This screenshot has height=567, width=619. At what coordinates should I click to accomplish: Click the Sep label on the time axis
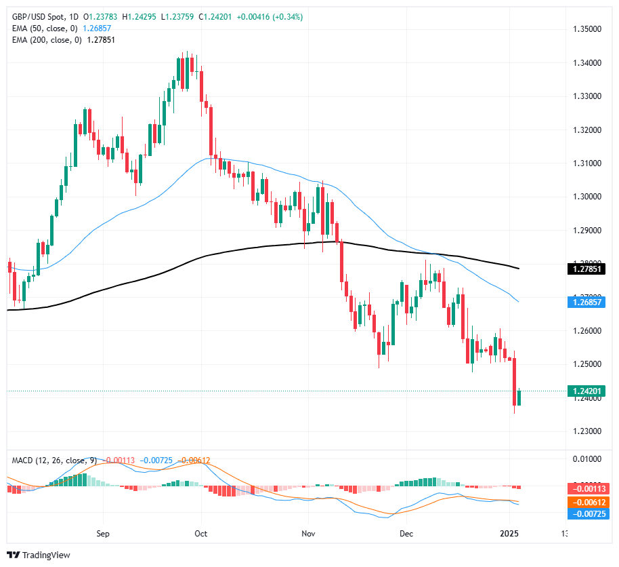(x=102, y=534)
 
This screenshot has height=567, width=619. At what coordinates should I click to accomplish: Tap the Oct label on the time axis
(x=201, y=534)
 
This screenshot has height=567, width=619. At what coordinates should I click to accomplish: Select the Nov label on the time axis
(x=307, y=534)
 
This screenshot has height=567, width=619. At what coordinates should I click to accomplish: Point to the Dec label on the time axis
(x=406, y=534)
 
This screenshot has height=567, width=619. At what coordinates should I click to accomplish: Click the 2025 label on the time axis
(x=514, y=534)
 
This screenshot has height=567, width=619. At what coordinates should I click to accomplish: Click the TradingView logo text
(x=46, y=555)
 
